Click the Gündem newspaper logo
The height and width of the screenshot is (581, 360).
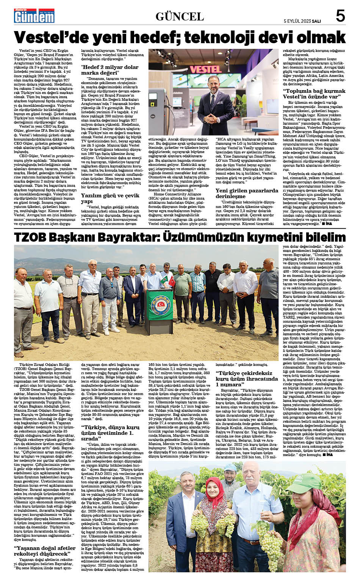(x=34, y=16)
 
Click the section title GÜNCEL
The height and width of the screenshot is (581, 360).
(x=180, y=17)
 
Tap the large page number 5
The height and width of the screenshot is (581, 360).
(x=340, y=16)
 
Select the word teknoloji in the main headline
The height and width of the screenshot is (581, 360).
(x=225, y=38)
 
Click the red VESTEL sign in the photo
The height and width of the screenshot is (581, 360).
(x=205, y=69)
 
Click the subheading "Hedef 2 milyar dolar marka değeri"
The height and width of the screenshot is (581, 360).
(x=110, y=70)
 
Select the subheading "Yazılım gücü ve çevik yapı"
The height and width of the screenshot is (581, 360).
(x=110, y=198)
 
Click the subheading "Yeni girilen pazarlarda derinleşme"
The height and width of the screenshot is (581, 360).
(x=247, y=193)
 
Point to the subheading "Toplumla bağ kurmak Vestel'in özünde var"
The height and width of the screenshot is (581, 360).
(x=314, y=94)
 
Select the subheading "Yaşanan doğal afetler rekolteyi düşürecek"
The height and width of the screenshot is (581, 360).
(x=45, y=550)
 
